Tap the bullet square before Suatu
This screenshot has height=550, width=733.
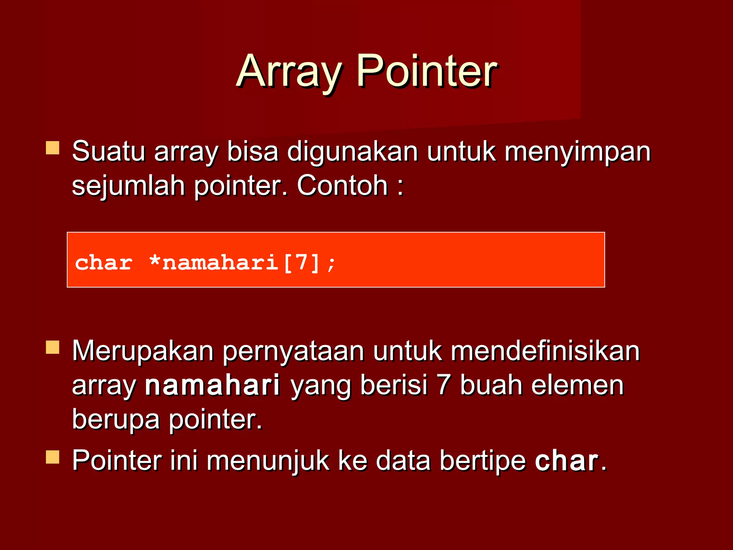click(53, 148)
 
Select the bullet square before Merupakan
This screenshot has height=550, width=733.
click(53, 347)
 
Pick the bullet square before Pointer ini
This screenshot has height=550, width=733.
click(53, 457)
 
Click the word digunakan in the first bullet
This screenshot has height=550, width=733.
click(352, 152)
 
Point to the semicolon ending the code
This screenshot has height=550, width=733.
click(331, 264)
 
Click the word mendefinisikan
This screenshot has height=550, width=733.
click(545, 351)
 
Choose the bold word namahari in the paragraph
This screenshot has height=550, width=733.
click(212, 385)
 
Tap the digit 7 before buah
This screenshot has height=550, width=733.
click(443, 385)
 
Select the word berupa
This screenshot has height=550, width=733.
click(115, 420)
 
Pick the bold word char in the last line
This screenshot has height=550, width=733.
click(566, 461)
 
